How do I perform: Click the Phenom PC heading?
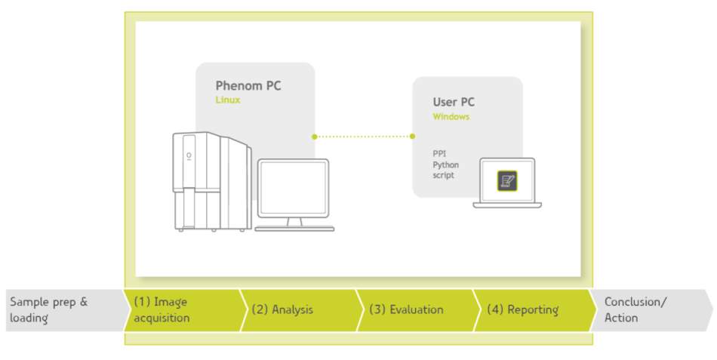coord(248,86)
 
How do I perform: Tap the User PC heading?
coord(454,103)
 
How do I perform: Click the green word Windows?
coord(451,117)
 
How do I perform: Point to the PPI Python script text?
coord(445,165)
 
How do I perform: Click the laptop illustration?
coord(506,183)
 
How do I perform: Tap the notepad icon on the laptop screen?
coord(506,180)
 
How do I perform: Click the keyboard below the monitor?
coord(294,227)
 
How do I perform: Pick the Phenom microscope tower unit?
coord(211,181)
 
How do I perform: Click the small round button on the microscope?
coord(189,156)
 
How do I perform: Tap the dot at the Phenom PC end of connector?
coord(314,137)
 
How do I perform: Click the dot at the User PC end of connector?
coord(412,137)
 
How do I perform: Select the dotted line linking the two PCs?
coord(363,137)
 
